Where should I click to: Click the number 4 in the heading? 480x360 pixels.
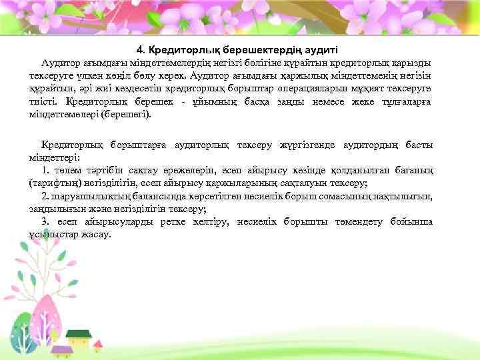click(x=139, y=49)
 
